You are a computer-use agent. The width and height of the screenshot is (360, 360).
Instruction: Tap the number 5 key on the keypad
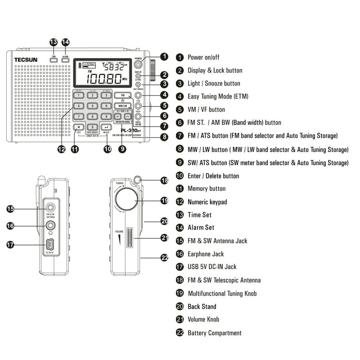pos(92,106)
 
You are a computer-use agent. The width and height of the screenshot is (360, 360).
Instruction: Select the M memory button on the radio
pos(78,127)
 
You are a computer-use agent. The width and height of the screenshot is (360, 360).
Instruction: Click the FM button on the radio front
pos(121,95)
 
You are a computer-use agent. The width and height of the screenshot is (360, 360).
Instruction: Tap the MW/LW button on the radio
pos(121,106)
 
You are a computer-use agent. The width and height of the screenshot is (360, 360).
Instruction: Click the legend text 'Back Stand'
pos(202,306)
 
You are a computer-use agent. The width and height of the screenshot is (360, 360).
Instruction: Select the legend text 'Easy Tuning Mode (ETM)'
pos(217,96)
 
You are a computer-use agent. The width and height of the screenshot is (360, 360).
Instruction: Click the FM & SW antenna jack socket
pos(50,208)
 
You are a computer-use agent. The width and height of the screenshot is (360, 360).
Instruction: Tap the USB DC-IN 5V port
pos(50,245)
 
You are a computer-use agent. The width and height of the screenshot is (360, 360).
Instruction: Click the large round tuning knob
pos(126,200)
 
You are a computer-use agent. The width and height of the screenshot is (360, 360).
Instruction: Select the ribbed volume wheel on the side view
pos(130,238)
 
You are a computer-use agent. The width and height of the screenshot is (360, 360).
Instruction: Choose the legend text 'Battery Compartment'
pos(214,333)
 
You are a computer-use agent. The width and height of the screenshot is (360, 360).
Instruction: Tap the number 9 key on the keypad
pos(106,117)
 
